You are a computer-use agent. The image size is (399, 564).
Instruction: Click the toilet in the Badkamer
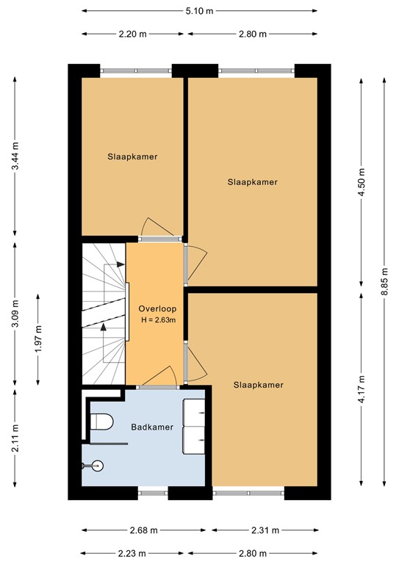[101, 422]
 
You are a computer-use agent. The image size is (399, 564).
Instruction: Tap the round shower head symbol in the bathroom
[99, 464]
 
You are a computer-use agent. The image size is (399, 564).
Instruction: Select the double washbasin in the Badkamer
[194, 427]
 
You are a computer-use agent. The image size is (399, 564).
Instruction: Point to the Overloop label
[154, 308]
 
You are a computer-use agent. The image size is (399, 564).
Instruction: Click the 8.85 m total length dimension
[384, 281]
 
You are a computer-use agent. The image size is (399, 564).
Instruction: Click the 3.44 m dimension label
[15, 156]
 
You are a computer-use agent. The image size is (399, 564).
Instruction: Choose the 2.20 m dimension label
[132, 34]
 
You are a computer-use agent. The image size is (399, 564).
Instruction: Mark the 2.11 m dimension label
[15, 443]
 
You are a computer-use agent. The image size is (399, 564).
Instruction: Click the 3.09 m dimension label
[15, 314]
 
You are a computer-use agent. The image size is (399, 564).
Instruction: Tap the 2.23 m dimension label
[132, 553]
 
